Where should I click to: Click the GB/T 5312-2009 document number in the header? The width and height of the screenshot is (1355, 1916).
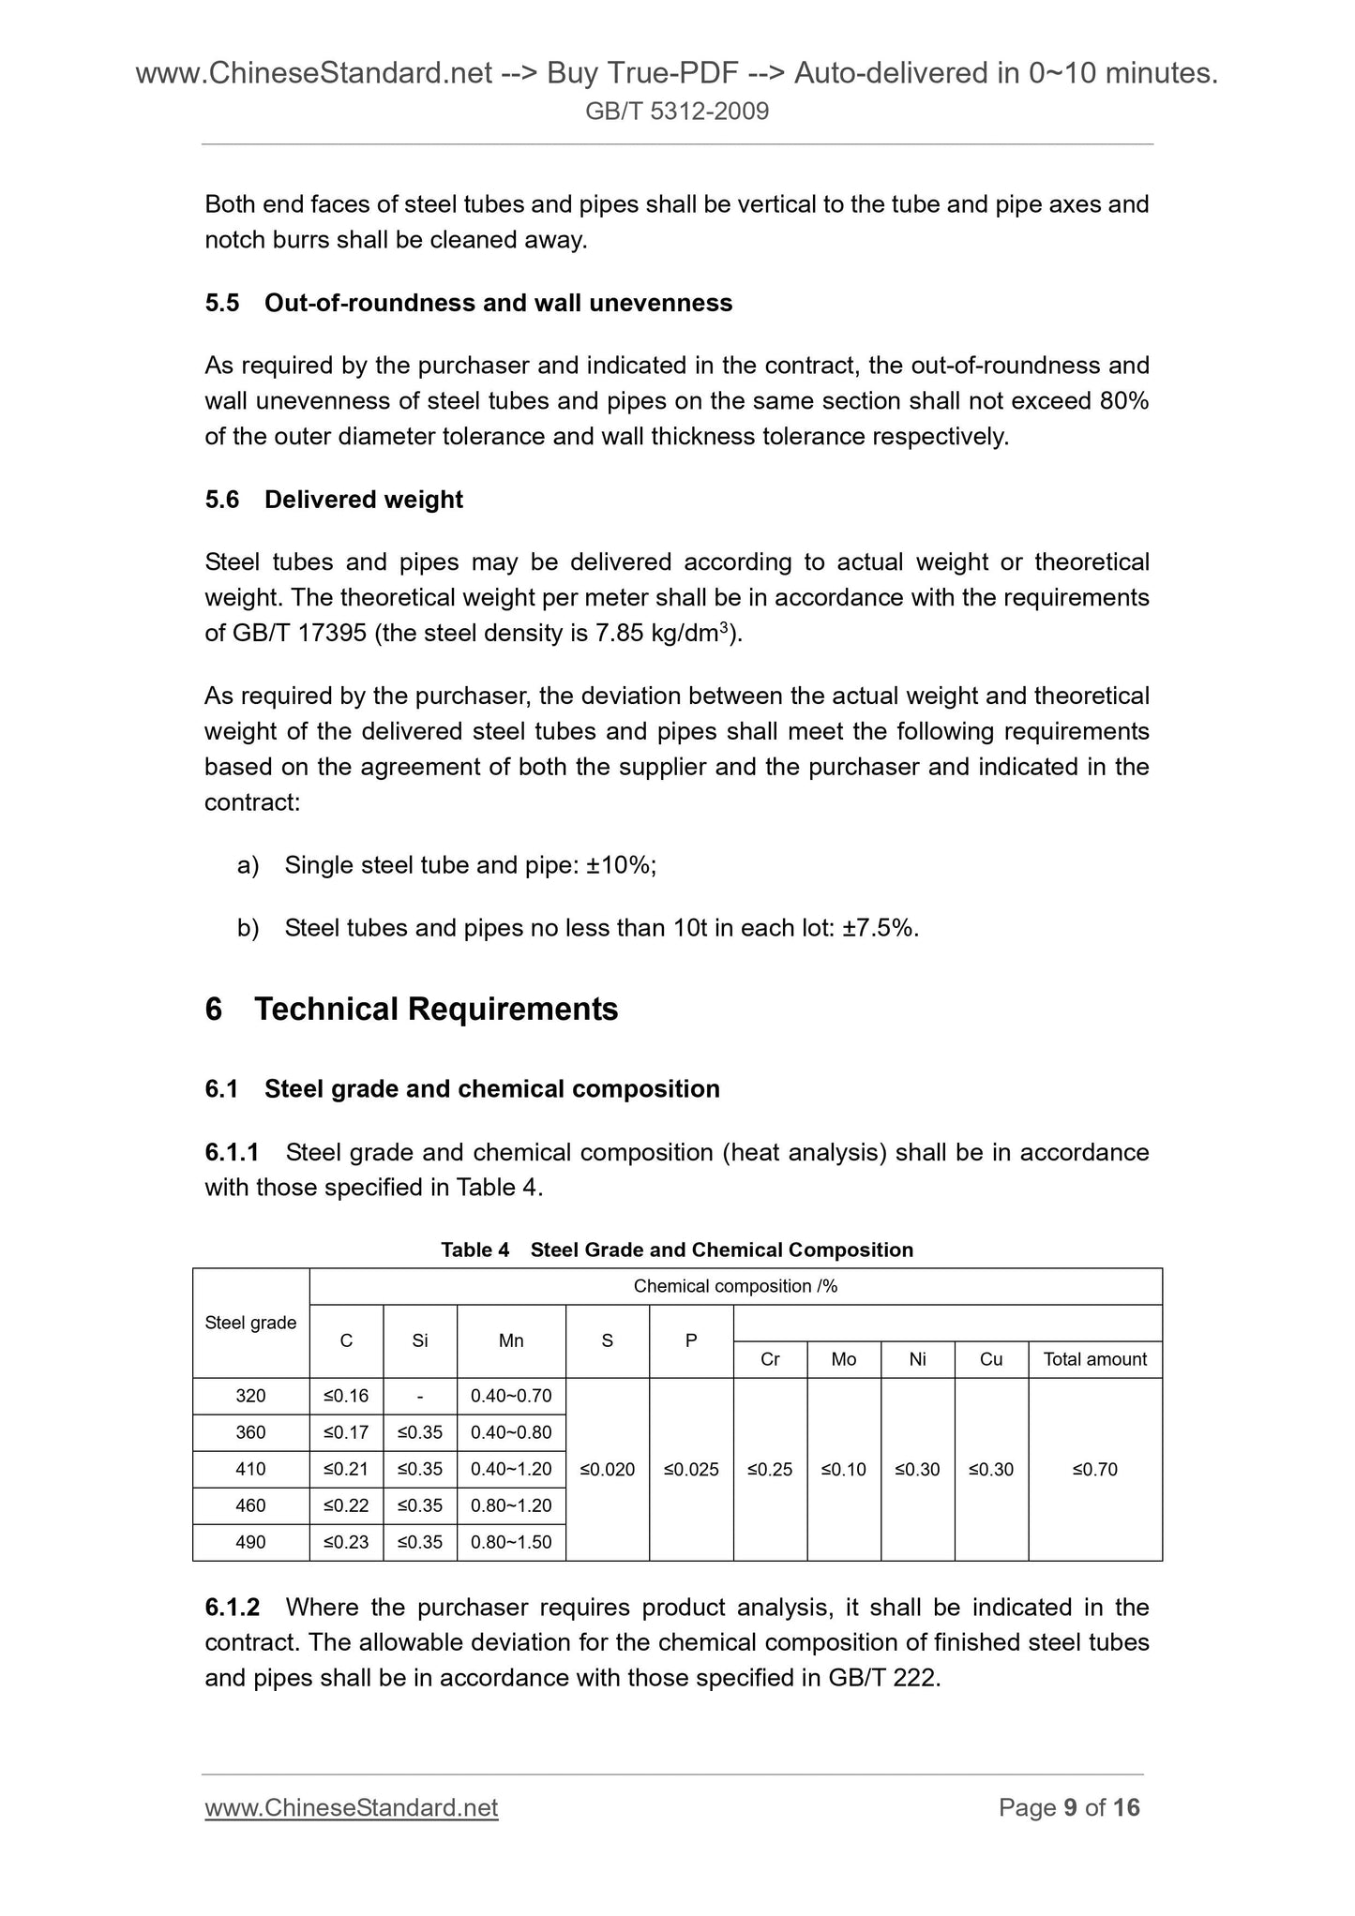(x=677, y=112)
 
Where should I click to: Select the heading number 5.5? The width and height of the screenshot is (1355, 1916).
(x=222, y=303)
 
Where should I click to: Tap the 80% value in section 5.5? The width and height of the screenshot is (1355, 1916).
(x=1124, y=401)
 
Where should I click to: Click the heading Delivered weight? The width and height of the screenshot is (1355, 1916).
(x=364, y=500)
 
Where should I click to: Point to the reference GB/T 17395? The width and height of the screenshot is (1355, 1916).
(x=298, y=634)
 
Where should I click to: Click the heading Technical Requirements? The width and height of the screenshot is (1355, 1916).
(x=436, y=1010)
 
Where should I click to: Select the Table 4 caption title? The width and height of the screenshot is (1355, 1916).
(x=676, y=1250)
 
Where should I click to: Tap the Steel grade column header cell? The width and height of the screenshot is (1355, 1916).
(x=250, y=1323)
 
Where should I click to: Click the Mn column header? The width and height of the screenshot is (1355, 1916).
(x=511, y=1341)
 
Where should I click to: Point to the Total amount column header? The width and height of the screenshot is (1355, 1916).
(x=1094, y=1359)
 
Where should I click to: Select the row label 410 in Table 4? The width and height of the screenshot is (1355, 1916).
(x=250, y=1469)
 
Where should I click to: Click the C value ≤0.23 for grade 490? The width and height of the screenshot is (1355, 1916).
(x=346, y=1542)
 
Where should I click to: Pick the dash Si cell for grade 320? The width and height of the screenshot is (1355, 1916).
(x=420, y=1396)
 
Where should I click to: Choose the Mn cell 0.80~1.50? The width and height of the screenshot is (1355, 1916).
(x=511, y=1542)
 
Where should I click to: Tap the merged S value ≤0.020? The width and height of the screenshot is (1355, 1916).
(x=608, y=1469)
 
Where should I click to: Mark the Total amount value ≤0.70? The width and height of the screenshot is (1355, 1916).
(x=1094, y=1469)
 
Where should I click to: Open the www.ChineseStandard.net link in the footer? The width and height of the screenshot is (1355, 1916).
(x=351, y=1807)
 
